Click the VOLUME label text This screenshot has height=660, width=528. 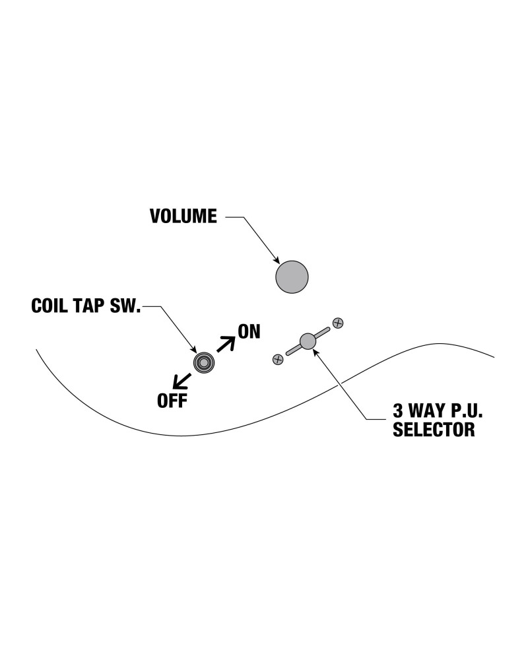pos(183,216)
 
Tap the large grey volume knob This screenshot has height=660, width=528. pos(292,277)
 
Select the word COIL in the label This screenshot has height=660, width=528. pos(50,306)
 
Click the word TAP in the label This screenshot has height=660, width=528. pos(89,306)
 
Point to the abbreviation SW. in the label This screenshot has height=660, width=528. pos(125,306)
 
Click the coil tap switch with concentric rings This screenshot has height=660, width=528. pos(204,362)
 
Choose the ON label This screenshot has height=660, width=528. pos(249,332)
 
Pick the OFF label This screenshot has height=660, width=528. pos(172,401)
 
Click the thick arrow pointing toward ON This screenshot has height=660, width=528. pos(226,344)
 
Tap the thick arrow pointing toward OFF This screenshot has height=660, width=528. pos(182,381)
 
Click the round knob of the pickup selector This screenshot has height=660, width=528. pos(308,341)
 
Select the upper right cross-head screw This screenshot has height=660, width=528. pos(338,323)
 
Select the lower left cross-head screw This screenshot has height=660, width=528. pos(278,360)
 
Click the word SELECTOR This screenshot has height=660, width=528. pos(434,430)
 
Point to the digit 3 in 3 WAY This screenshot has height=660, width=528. pos(397,411)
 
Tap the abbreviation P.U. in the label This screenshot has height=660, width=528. pos(465,411)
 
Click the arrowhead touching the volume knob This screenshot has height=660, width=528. pos(277,260)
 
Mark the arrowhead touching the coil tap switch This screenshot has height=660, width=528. pos(193,349)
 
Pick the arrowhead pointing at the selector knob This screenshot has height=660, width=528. pos(315,352)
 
